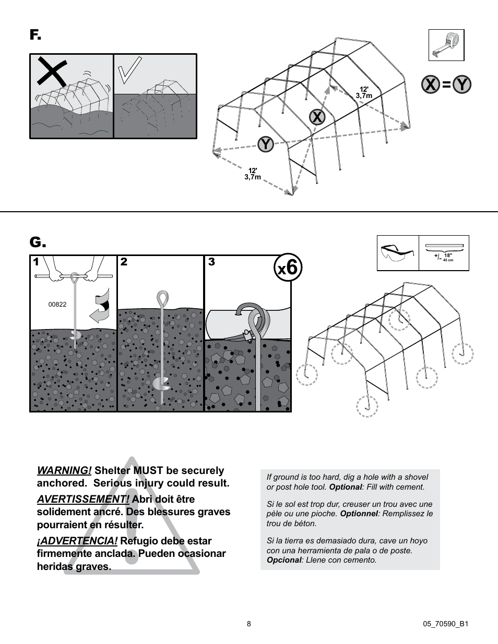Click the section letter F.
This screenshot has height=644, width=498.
[x=35, y=35]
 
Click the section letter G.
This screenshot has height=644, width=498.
[x=37, y=242]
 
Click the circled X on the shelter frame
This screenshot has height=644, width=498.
[x=317, y=117]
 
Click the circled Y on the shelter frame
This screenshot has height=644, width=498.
[x=265, y=143]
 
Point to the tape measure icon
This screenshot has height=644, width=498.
[x=446, y=45]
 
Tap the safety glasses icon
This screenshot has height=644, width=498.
[x=398, y=253]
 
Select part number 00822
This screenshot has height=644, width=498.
[x=57, y=305]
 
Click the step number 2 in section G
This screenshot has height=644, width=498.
[x=124, y=262]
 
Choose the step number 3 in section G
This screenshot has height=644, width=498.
[x=211, y=262]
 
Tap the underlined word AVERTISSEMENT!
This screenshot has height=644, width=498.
[x=83, y=499]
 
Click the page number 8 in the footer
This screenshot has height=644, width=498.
[x=249, y=624]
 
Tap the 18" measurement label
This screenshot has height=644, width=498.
[x=448, y=255]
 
